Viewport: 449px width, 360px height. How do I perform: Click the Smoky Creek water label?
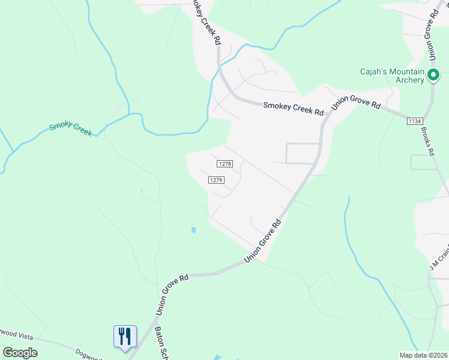(x=71, y=128)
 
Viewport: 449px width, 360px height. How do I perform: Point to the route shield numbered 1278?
(x=224, y=164)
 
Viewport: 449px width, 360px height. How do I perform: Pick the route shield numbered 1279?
(x=217, y=180)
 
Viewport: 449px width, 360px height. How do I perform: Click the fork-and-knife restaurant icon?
(x=125, y=336)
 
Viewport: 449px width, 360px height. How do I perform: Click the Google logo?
(x=20, y=353)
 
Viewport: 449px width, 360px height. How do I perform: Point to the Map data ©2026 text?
(x=423, y=355)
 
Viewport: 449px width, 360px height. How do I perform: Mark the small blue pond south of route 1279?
(x=193, y=230)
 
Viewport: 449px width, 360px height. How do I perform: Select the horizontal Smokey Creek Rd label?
(x=294, y=109)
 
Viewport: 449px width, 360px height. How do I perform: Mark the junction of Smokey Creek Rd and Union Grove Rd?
(x=325, y=115)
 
